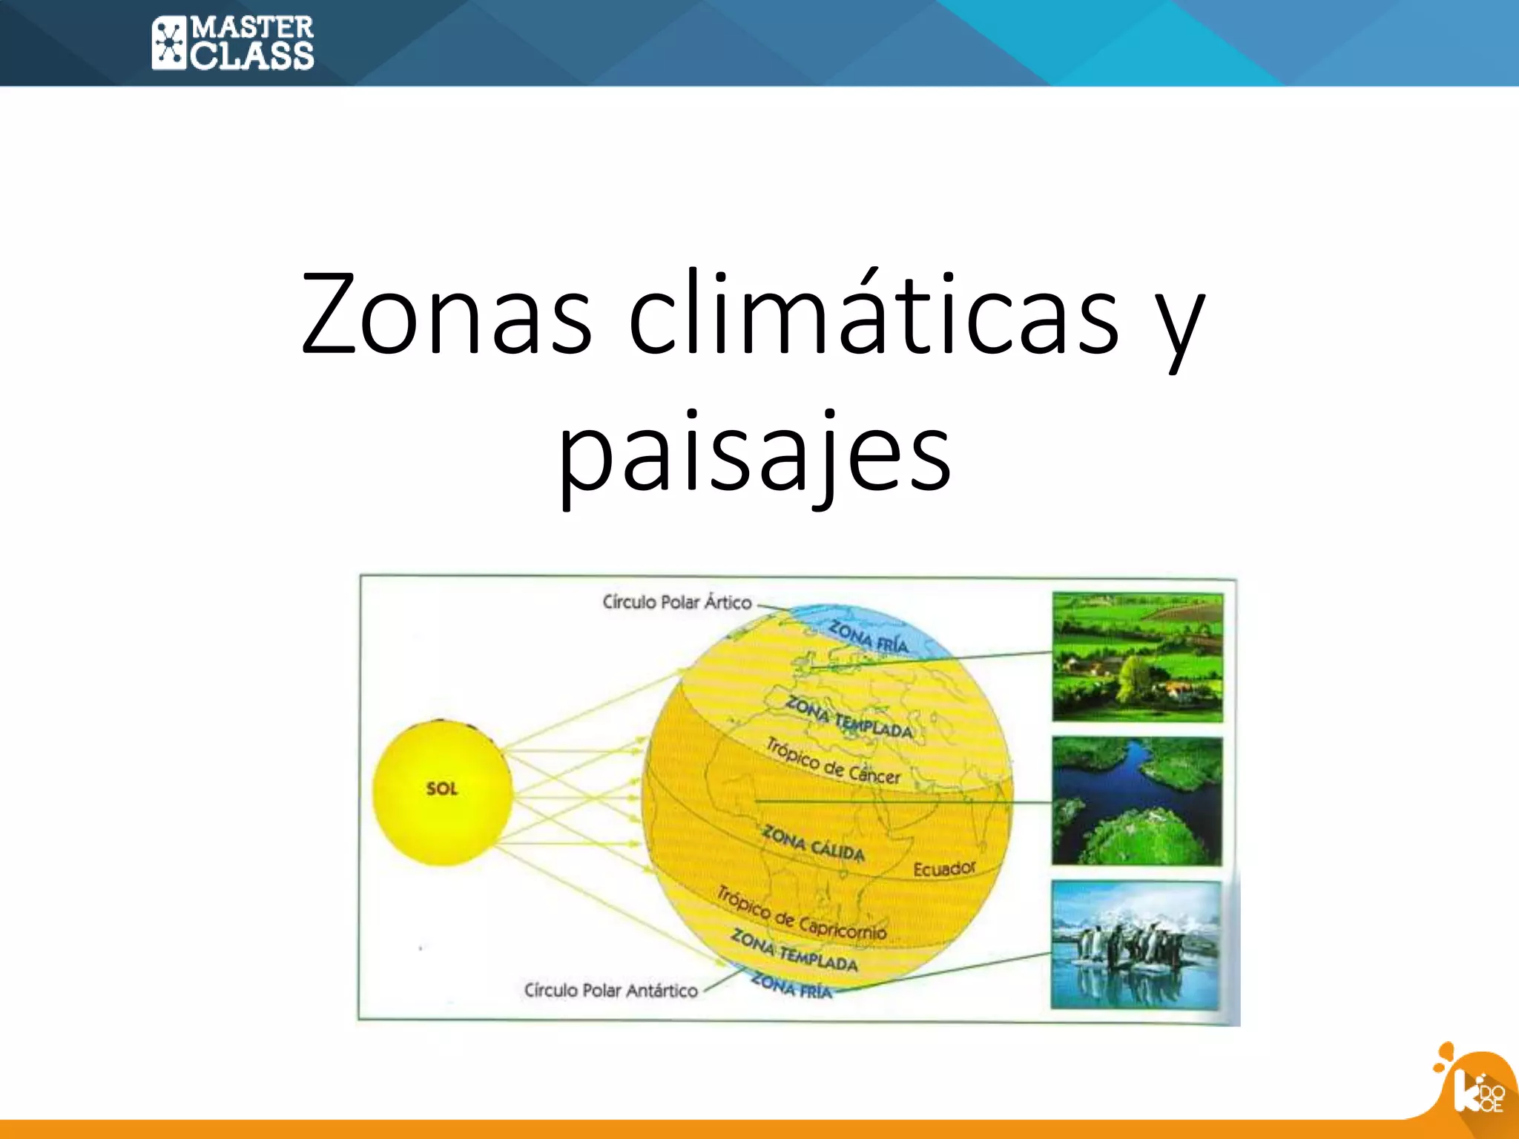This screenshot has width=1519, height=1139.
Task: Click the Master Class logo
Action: click(232, 43)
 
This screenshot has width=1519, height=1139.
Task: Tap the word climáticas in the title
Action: click(873, 314)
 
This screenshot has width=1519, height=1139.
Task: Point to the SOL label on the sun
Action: click(442, 788)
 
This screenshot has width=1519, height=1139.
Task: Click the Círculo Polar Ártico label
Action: click(676, 602)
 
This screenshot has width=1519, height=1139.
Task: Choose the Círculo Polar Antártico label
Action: click(610, 990)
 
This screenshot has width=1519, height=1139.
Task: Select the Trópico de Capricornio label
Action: click(801, 914)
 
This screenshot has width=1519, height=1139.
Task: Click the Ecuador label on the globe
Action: click(944, 868)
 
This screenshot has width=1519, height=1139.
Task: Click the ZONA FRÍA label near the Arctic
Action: click(868, 636)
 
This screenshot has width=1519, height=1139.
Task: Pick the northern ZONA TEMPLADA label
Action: click(849, 717)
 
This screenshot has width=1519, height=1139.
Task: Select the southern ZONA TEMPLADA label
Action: click(794, 951)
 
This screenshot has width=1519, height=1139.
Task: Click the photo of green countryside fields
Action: click(1137, 657)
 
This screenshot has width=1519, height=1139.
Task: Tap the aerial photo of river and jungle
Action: click(1136, 801)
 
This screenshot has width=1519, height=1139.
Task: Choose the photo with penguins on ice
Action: click(1136, 945)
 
